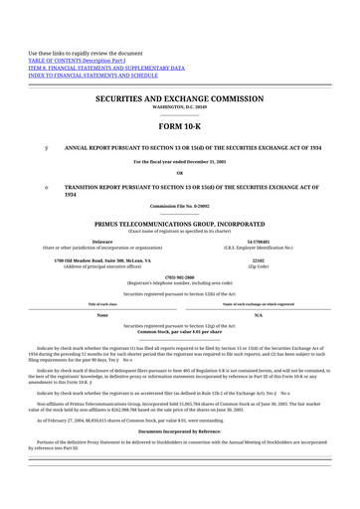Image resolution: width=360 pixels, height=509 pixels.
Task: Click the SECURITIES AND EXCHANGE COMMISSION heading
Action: pos(179,99)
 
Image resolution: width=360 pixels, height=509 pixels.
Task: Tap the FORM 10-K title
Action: pos(179,128)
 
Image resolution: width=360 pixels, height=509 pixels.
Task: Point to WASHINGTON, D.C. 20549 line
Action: pos(179,107)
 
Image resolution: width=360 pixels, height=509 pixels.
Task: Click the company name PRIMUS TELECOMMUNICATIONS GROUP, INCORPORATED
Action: pos(179,225)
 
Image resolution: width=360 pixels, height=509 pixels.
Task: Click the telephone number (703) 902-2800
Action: pos(179,277)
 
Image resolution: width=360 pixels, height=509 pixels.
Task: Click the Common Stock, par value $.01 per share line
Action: pos(179,329)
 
